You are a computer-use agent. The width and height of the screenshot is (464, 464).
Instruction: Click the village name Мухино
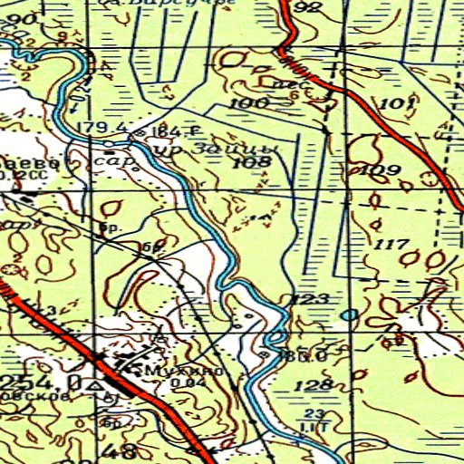point(182,370)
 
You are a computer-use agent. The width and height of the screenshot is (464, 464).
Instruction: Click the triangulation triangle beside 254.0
point(93,385)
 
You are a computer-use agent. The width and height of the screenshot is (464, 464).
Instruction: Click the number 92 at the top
point(308,8)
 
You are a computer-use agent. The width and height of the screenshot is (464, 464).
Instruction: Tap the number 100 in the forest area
point(248,104)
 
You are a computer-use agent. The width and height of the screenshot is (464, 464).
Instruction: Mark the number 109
point(381,170)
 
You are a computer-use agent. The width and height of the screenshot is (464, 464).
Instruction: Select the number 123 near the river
point(305,301)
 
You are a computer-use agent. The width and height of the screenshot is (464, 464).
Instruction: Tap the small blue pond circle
point(349,315)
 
